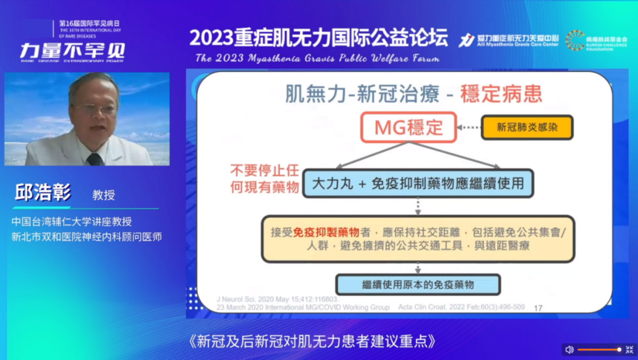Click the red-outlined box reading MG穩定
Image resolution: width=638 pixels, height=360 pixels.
(x=408, y=128)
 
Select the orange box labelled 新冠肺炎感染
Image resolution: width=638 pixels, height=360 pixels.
(x=527, y=127)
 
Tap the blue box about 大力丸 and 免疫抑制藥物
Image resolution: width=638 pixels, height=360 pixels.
(x=418, y=183)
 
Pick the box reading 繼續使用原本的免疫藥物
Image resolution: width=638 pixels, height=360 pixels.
(x=418, y=284)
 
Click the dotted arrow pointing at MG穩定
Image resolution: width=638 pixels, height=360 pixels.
(x=469, y=128)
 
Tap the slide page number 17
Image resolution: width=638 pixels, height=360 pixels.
(x=538, y=308)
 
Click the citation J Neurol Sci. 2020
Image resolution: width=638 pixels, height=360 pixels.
(x=242, y=300)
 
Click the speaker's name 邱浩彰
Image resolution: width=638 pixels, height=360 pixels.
(x=43, y=193)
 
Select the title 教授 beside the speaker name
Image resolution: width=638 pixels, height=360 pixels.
(x=103, y=195)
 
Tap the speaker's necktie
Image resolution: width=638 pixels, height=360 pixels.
(x=95, y=159)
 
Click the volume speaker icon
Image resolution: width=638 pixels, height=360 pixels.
(x=569, y=349)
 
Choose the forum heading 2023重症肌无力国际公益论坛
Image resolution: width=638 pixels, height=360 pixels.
(x=318, y=37)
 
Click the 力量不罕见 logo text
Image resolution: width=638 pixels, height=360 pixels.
(x=72, y=50)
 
